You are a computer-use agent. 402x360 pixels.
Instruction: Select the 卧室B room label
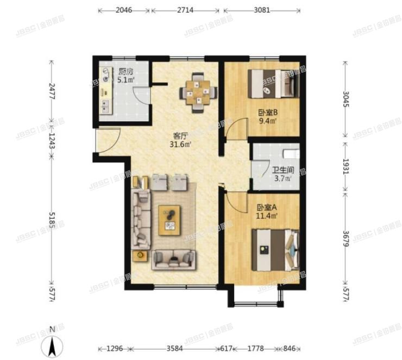268,113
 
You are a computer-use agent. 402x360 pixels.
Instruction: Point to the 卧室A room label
267,207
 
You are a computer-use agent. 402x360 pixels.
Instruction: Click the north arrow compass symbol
51,343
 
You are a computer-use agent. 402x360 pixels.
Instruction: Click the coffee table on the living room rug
172,220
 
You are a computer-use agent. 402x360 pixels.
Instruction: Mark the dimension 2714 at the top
186,10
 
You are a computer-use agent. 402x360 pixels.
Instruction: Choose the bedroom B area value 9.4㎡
268,122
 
